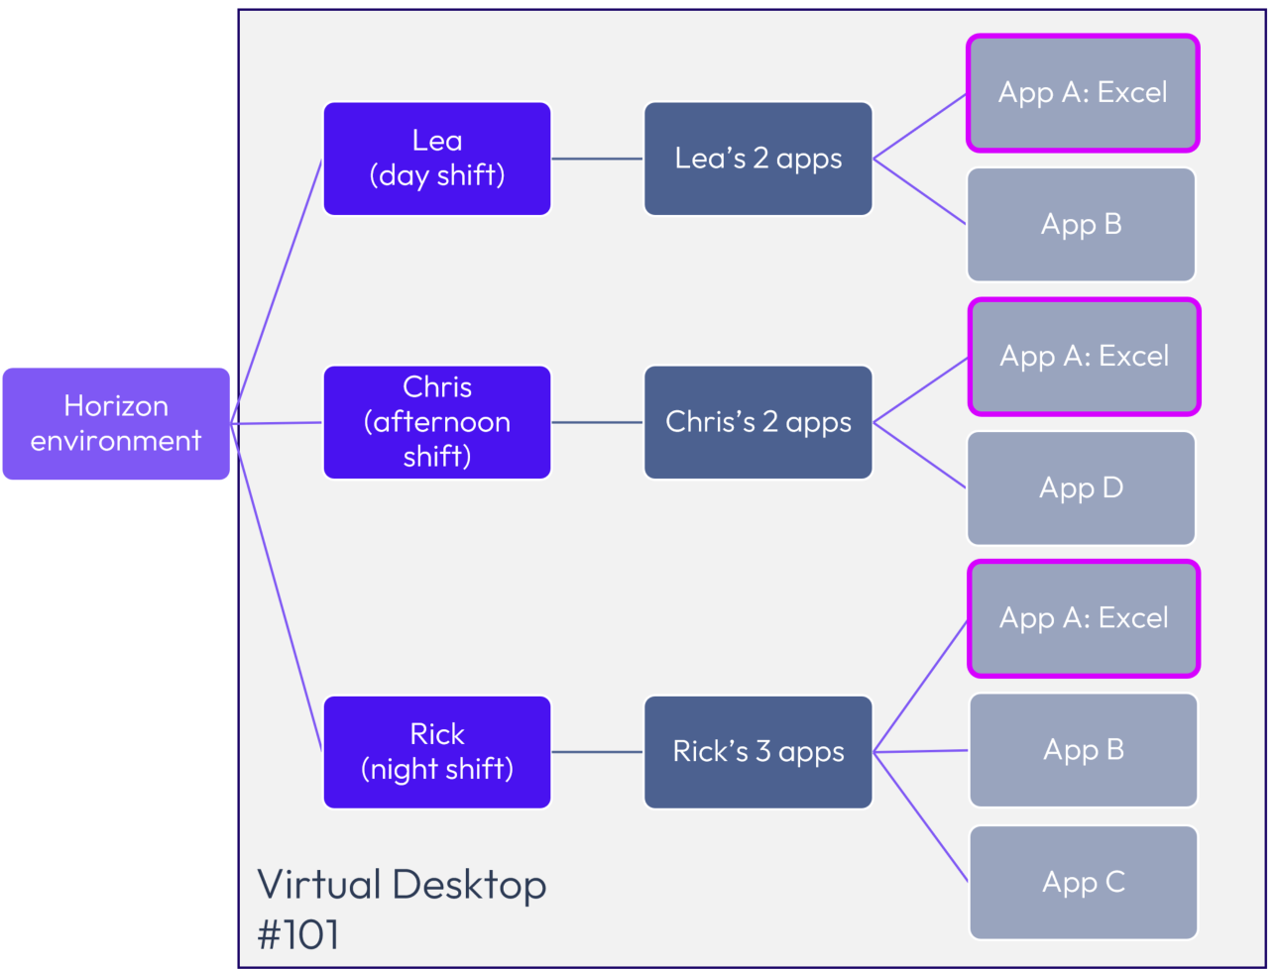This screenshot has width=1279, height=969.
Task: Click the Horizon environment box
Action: pos(116,424)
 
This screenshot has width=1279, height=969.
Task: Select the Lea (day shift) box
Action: pos(437,159)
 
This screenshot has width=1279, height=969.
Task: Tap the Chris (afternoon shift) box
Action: pos(437,422)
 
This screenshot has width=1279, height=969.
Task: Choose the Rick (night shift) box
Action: pos(437,752)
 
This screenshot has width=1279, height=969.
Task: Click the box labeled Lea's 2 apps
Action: pos(758,159)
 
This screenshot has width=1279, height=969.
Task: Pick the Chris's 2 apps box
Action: pos(758,422)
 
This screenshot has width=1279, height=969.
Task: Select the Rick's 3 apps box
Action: pos(758,752)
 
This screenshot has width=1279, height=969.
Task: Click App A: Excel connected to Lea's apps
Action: pos(1083,93)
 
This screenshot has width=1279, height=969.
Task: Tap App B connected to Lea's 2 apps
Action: pos(1081,225)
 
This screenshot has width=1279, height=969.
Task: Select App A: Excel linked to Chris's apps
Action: pos(1084,357)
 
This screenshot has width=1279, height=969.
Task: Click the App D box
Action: pos(1081,488)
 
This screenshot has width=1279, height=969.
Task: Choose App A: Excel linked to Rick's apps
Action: pos(1084,619)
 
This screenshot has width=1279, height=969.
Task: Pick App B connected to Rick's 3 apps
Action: pos(1084,750)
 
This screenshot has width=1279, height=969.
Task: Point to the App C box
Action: pos(1084,882)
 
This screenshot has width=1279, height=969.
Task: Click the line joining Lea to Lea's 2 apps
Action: pos(597,159)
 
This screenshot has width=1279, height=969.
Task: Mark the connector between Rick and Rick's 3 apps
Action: pos(597,752)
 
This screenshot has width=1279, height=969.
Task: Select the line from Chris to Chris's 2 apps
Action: pos(597,422)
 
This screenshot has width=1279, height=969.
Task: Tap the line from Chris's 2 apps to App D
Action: pos(920,456)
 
